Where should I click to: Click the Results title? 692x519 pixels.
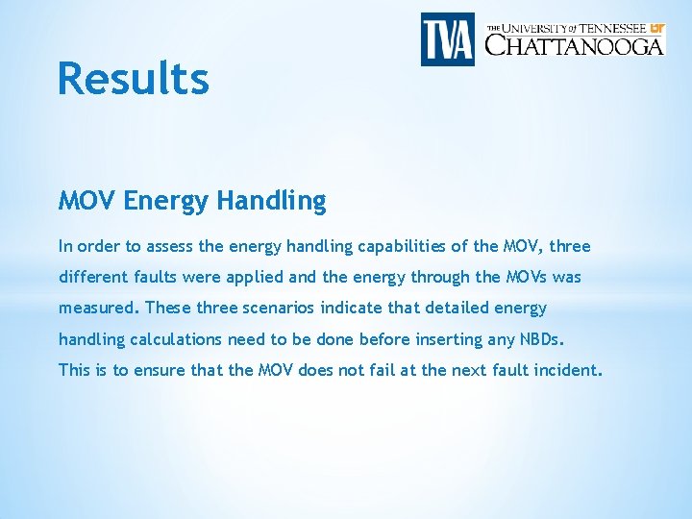133,79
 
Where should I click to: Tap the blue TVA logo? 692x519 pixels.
448,39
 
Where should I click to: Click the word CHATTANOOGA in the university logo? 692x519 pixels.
574,44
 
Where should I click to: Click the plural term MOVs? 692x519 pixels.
527,278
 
